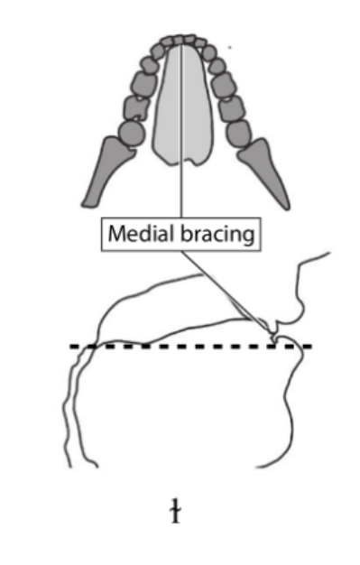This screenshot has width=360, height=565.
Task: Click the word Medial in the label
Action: click(133, 235)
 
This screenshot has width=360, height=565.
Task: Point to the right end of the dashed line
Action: click(309, 347)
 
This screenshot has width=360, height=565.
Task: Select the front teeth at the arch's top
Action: click(181, 40)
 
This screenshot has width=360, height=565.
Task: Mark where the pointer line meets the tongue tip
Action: click(272, 336)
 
